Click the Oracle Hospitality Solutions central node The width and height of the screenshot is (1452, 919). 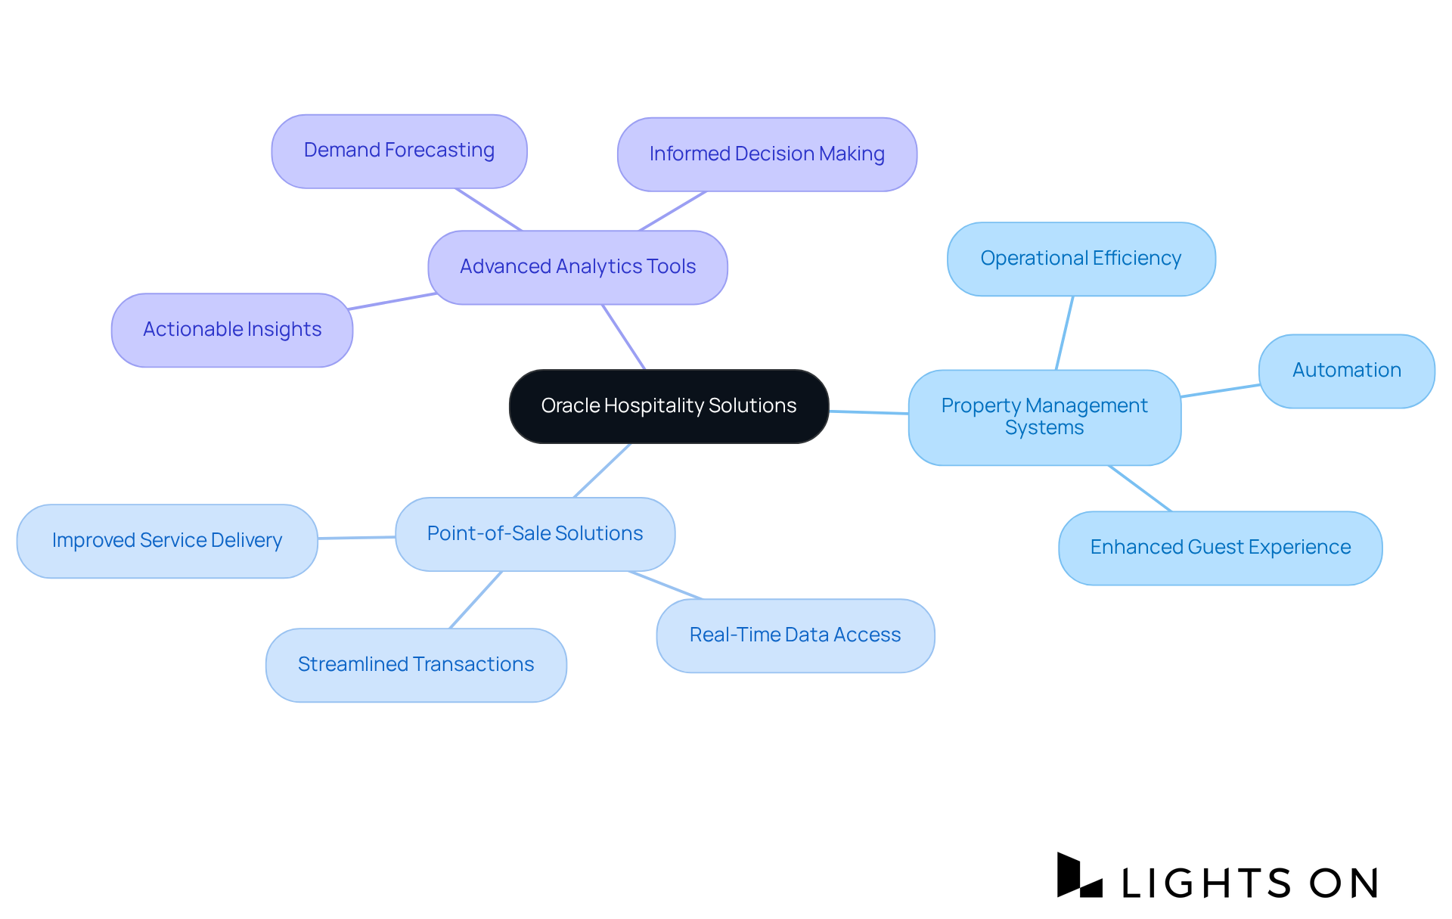(669, 406)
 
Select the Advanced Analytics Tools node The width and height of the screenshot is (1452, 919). (578, 267)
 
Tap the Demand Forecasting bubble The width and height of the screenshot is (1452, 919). (399, 151)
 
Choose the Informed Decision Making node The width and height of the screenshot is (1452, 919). (767, 154)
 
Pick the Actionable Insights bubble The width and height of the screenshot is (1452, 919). (232, 330)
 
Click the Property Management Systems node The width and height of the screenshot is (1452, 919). (1044, 417)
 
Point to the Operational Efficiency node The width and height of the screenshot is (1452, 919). (1081, 259)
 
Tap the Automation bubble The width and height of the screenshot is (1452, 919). (1346, 371)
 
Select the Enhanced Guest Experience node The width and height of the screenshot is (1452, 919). (1220, 548)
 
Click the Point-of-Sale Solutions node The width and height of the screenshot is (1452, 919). (535, 534)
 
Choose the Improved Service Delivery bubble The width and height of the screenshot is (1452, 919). (167, 541)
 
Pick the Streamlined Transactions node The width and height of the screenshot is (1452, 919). (416, 665)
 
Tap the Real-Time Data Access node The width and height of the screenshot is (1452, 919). (795, 635)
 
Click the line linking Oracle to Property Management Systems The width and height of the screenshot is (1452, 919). (869, 412)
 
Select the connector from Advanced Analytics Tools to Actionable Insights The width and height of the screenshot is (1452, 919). (392, 301)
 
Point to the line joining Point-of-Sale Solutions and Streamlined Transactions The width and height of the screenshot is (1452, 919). (476, 599)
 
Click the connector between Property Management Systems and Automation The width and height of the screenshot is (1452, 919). (1220, 390)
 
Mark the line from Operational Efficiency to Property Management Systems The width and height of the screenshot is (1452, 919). (1065, 333)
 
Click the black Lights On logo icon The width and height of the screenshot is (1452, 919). (1078, 876)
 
